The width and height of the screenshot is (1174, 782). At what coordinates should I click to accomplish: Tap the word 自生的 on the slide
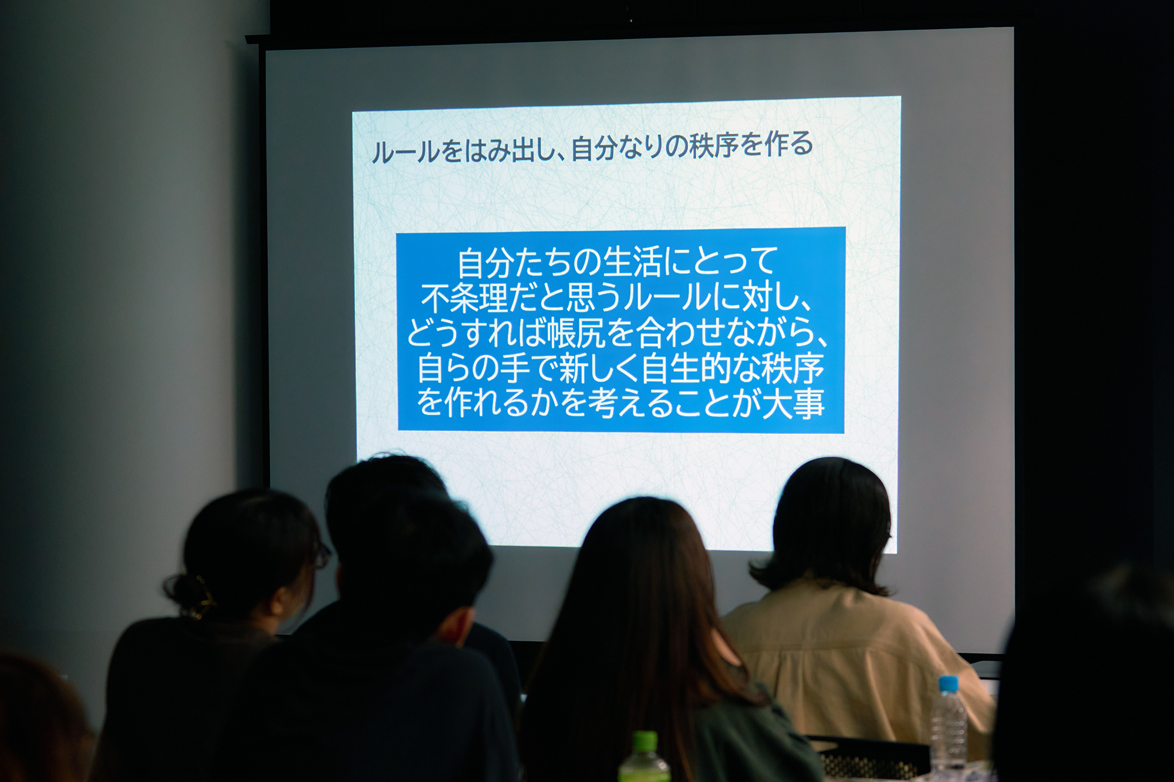(685, 368)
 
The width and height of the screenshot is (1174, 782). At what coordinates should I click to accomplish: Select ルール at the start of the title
(406, 152)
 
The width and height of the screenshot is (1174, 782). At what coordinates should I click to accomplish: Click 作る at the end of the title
(789, 144)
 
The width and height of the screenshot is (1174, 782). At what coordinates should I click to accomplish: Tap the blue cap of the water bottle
(948, 684)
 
